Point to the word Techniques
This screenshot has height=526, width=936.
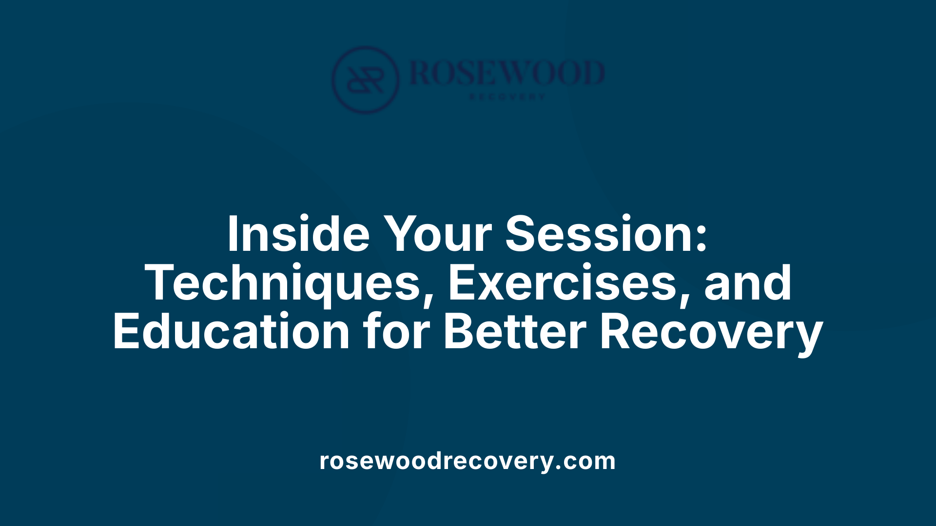[x=282, y=283]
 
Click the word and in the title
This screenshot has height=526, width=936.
[x=748, y=283]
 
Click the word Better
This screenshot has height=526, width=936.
[x=515, y=332]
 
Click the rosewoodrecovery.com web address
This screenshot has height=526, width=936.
[x=468, y=461]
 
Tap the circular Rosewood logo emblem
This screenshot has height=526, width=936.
[x=365, y=80]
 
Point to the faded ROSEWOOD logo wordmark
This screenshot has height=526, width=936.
[x=507, y=73]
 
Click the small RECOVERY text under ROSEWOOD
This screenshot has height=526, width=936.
[x=507, y=97]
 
